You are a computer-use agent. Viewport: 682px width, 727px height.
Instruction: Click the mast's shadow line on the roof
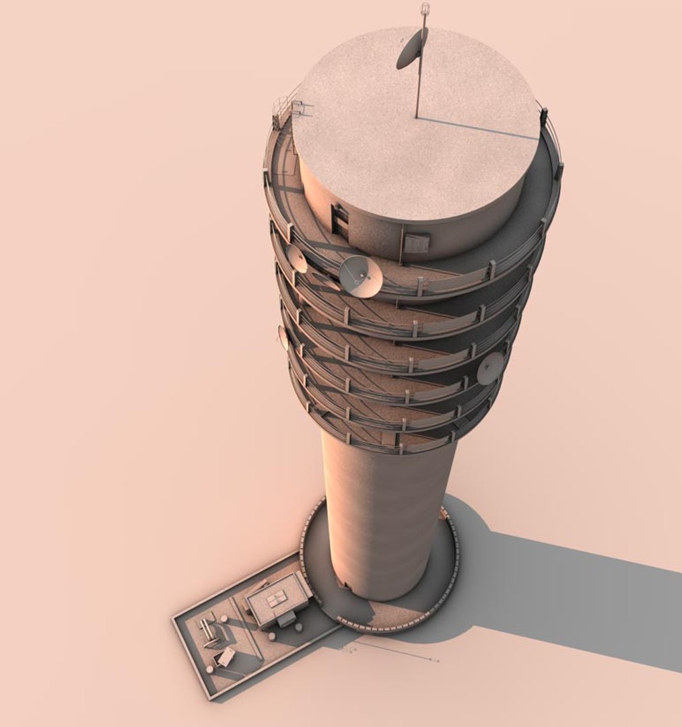tap(478, 128)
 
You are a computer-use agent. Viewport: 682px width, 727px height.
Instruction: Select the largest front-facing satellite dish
tap(360, 276)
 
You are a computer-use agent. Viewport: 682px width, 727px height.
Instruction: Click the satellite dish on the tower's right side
tap(491, 368)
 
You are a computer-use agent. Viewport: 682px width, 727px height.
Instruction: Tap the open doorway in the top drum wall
tap(341, 221)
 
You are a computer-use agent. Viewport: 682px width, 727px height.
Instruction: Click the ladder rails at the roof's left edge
tap(286, 110)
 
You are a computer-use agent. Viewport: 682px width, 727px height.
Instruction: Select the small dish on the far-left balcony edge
tap(283, 337)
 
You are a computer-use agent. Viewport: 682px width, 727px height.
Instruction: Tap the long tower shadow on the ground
tap(572, 599)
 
